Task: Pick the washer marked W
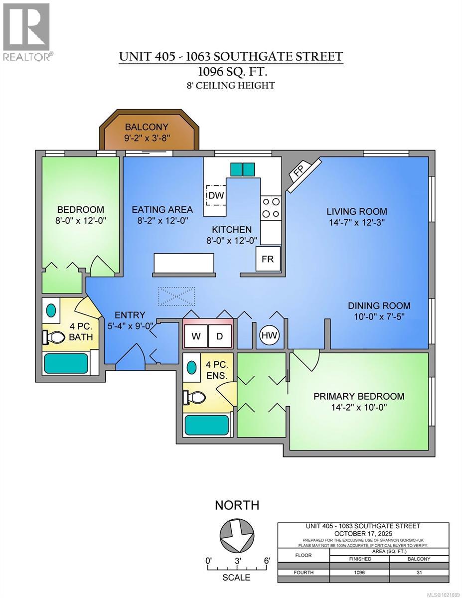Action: pyautogui.click(x=196, y=336)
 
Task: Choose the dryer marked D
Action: pyautogui.click(x=219, y=336)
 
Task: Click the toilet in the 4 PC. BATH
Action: pyautogui.click(x=54, y=337)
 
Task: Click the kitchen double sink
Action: pyautogui.click(x=242, y=169)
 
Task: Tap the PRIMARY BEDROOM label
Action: pyautogui.click(x=358, y=396)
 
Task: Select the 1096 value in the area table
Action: pyautogui.click(x=359, y=573)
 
